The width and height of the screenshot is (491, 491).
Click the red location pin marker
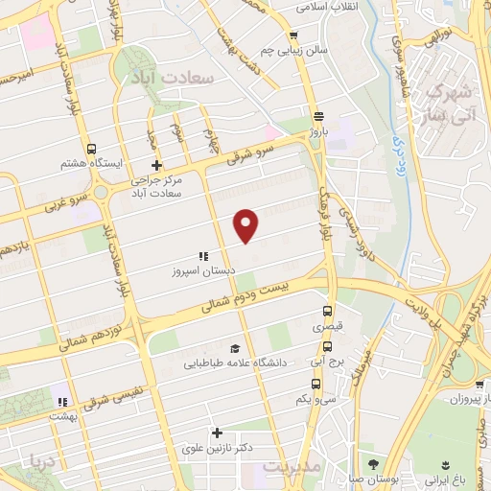(x=246, y=225)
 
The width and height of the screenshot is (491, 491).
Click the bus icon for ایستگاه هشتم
(x=91, y=150)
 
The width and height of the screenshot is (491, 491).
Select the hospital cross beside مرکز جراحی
(x=142, y=165)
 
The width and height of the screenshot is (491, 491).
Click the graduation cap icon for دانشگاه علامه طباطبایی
(x=235, y=347)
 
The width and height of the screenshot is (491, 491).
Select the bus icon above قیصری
(x=327, y=311)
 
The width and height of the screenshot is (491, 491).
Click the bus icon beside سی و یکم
(x=316, y=383)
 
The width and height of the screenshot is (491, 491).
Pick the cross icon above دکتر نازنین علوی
(x=217, y=433)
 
